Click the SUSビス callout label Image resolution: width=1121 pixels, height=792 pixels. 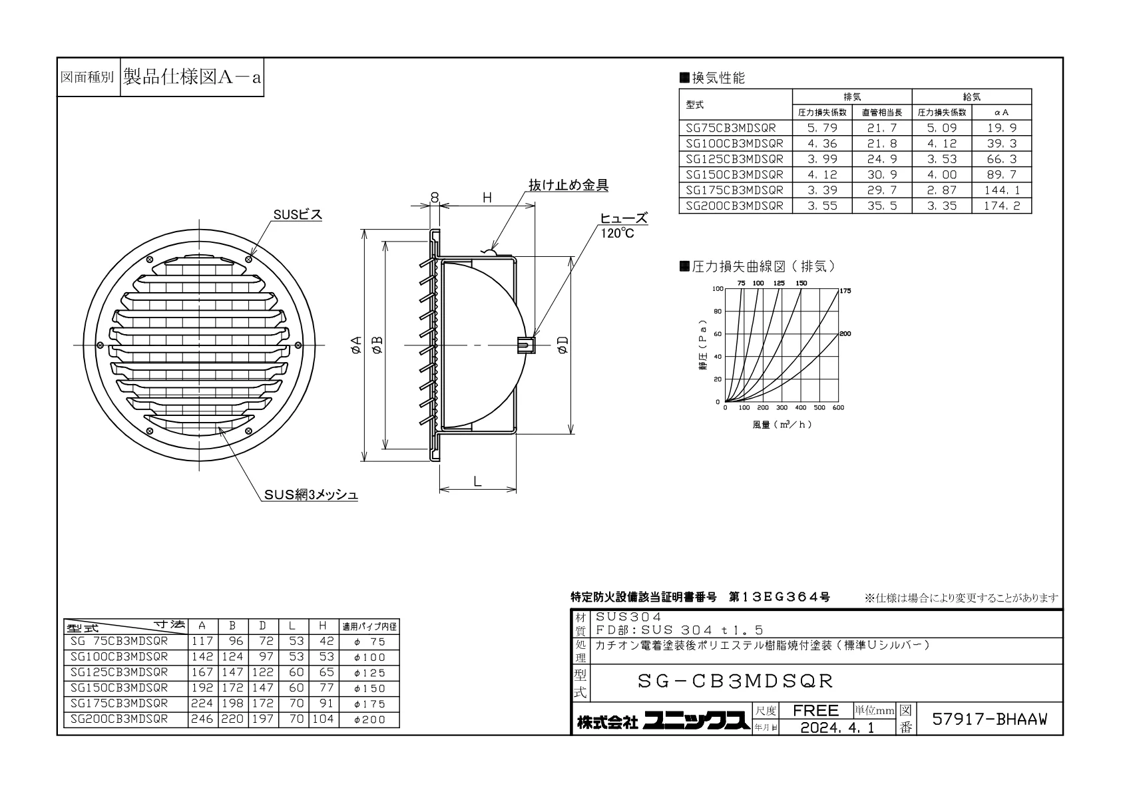(x=298, y=214)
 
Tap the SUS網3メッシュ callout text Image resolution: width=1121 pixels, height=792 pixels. (x=311, y=495)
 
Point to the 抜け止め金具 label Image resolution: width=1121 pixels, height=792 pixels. (x=568, y=185)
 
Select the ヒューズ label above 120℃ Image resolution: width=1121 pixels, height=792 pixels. (x=624, y=218)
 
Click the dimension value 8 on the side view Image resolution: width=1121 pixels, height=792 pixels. (x=435, y=198)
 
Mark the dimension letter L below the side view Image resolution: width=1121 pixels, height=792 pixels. (x=477, y=481)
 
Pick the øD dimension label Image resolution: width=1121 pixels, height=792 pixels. (x=563, y=345)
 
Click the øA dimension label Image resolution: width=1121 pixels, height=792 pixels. (x=356, y=345)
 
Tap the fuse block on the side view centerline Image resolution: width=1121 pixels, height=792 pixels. (x=526, y=345)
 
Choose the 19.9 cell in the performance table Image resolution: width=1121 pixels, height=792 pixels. (x=1001, y=128)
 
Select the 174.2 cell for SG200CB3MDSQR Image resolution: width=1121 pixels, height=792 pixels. (x=1001, y=206)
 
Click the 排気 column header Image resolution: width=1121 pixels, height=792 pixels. (x=852, y=97)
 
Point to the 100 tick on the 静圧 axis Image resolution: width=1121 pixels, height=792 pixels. (x=718, y=289)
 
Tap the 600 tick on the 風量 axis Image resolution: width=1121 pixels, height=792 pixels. (x=838, y=408)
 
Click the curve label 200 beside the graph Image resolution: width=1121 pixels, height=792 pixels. (x=845, y=333)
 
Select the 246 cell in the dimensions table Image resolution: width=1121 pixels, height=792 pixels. (x=202, y=719)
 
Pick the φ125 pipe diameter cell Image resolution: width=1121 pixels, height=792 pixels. (x=369, y=673)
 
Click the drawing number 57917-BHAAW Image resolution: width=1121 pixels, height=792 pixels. (x=989, y=719)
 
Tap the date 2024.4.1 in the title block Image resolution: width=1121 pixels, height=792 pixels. (x=837, y=727)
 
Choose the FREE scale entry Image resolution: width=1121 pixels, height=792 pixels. (x=815, y=710)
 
